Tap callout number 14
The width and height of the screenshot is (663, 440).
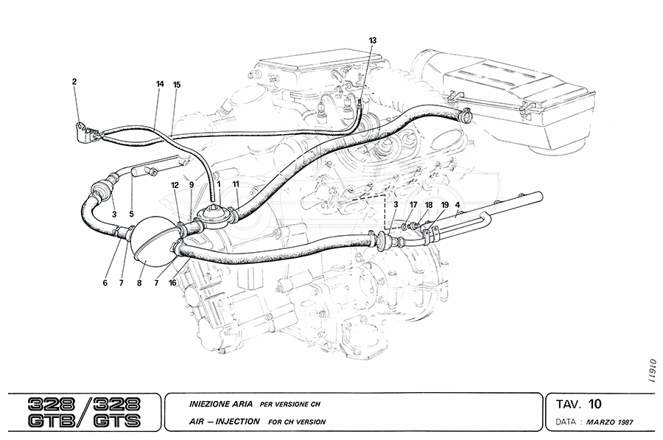[160, 84]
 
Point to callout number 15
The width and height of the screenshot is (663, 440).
[176, 84]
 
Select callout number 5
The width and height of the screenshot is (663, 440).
[132, 215]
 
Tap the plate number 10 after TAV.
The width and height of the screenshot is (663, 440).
[595, 404]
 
